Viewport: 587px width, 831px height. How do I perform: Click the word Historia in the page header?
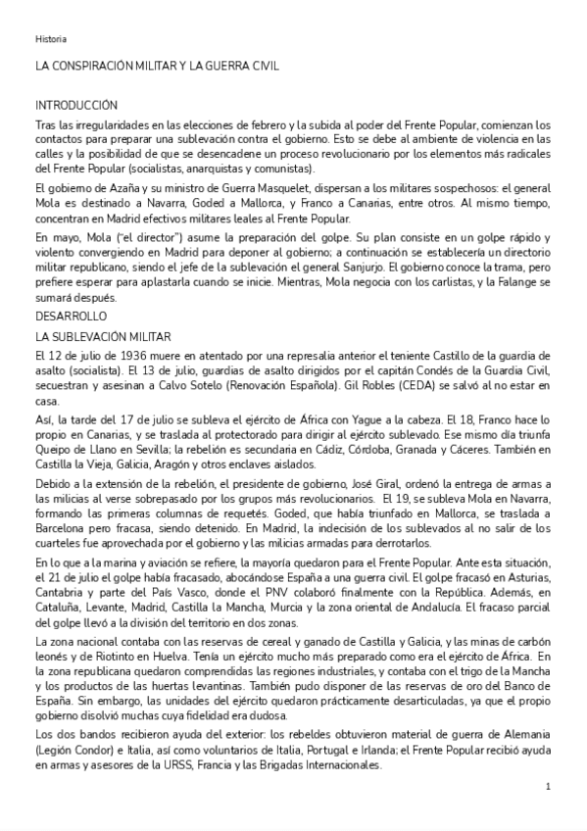click(x=51, y=39)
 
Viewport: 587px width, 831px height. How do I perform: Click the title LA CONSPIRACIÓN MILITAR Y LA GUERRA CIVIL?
click(x=158, y=67)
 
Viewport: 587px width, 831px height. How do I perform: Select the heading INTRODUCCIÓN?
click(x=76, y=105)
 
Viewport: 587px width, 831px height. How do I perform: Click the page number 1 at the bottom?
click(x=548, y=787)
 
